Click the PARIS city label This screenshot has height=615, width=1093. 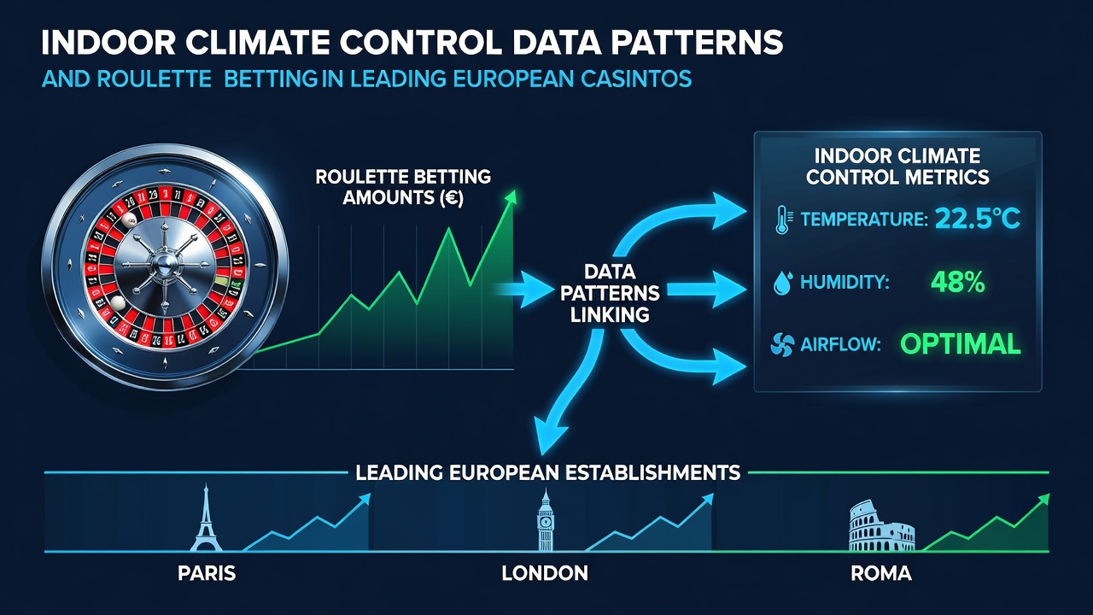(207, 573)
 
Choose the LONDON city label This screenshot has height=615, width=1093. (545, 573)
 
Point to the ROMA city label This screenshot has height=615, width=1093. (881, 573)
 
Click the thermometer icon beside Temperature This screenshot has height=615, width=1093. (783, 220)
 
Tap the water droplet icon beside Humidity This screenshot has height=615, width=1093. (783, 283)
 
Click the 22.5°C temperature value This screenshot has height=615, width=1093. (978, 218)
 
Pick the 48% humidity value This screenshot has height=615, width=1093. (958, 282)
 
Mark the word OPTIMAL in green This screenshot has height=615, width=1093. (961, 343)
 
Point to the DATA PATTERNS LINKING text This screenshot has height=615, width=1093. (610, 293)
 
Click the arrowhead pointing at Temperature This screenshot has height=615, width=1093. (728, 211)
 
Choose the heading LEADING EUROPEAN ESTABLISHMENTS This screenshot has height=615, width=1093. (548, 472)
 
